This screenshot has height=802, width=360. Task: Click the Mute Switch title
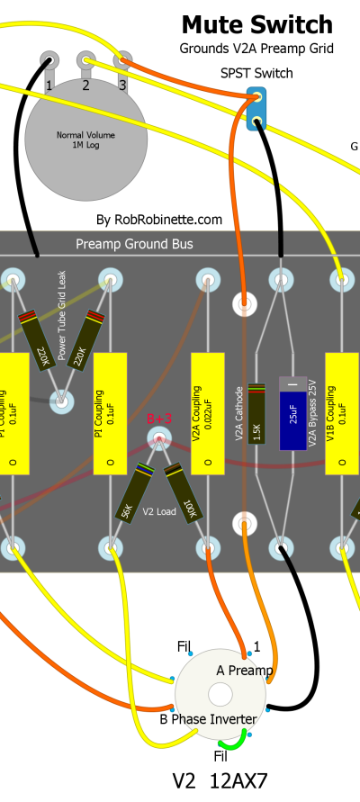[256, 24]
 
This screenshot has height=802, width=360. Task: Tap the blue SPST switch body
[256, 108]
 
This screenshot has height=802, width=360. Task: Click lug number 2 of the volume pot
[85, 61]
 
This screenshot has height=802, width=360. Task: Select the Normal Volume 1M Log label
[85, 140]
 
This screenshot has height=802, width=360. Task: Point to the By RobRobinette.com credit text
[159, 220]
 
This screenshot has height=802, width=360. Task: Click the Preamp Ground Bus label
[134, 243]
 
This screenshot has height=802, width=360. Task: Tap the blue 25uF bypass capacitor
[293, 413]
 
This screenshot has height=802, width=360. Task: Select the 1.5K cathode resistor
[256, 413]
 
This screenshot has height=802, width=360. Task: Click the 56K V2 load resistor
[134, 493]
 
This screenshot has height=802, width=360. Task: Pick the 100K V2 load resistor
[183, 493]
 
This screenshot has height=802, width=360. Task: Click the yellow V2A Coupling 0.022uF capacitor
[208, 413]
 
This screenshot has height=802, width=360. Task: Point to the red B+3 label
[159, 419]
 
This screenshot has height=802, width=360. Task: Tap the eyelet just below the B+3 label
[159, 438]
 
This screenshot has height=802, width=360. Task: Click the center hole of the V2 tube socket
[220, 695]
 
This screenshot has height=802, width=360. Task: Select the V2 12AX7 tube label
[220, 781]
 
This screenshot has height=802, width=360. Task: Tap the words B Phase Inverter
[208, 719]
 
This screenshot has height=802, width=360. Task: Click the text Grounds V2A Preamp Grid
[256, 49]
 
